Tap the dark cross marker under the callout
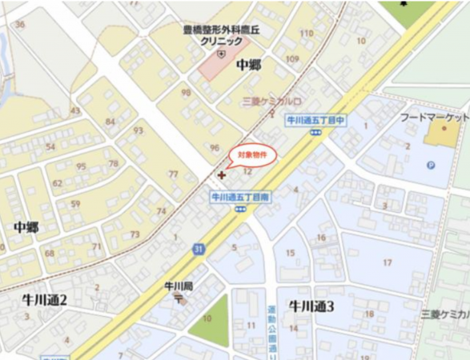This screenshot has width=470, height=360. tap(222, 174)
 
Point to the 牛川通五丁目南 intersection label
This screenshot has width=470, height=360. tap(239, 196)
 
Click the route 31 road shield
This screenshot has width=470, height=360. tap(197, 250)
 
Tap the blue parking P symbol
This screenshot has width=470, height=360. tap(431, 166)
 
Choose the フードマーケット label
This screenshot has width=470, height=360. tap(433, 118)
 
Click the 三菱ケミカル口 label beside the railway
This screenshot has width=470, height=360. tap(272, 102)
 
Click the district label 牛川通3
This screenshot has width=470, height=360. tap(311, 306)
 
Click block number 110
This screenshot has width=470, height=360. tap(306, 33)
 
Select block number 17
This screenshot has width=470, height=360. tap(387, 262)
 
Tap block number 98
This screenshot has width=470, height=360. tap(186, 93)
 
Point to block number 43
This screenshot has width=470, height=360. tap(75, 110)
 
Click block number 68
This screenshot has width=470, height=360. tap(49, 254)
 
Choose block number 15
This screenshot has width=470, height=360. tap(290, 254)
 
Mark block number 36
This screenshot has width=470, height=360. tap(19, 24)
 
